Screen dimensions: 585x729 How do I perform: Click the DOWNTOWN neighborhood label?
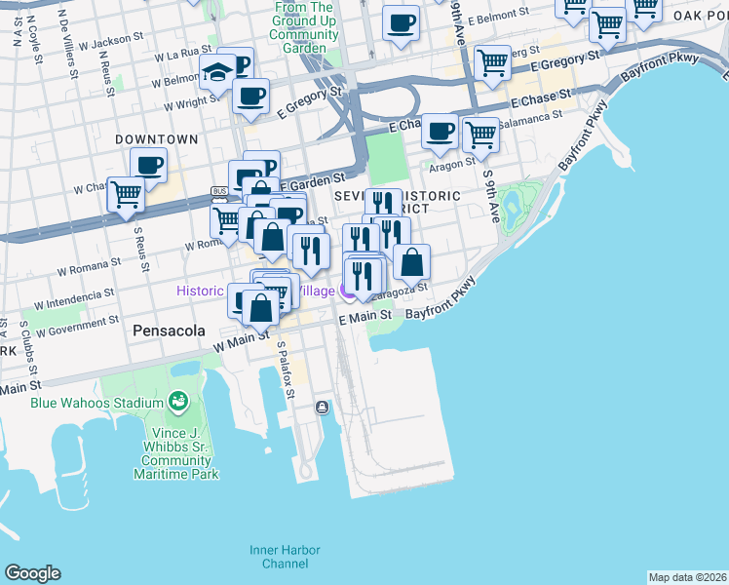pos(156,139)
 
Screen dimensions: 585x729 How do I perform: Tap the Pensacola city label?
pos(169,331)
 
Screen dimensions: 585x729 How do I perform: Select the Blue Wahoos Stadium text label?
pos(96,403)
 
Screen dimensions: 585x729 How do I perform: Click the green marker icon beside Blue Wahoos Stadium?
pos(177,401)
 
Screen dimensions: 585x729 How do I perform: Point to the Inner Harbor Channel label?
pos(278,556)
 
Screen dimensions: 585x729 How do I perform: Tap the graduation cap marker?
pos(217,71)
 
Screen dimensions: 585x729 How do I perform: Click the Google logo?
pos(32,573)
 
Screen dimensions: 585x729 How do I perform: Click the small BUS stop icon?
pos(219,191)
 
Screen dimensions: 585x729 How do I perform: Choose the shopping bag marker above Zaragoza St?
pos(412,261)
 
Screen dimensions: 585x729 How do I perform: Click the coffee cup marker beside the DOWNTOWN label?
pos(148,165)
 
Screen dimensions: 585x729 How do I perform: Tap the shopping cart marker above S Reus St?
pos(126,194)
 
